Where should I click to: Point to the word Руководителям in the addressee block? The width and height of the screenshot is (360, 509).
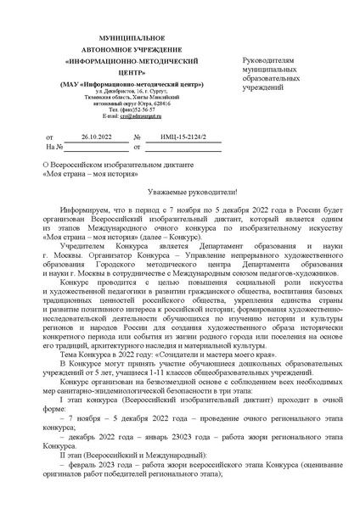(269, 62)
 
